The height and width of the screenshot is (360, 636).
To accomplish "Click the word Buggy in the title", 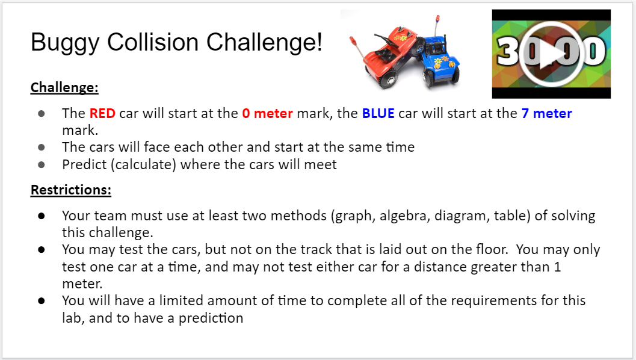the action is click(x=65, y=43).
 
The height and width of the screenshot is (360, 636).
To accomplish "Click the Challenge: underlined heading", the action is click(x=64, y=87).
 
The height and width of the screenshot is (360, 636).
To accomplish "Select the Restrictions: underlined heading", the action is click(x=71, y=190).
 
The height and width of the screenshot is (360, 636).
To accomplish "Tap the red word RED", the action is click(x=102, y=113).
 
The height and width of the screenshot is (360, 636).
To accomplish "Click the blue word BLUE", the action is click(x=378, y=113).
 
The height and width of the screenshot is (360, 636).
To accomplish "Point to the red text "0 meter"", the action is click(x=267, y=113).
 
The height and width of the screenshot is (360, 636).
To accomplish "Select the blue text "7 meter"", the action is click(x=546, y=113).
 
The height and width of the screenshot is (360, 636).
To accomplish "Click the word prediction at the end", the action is click(x=211, y=318).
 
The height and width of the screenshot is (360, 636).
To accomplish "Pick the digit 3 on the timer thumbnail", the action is click(x=508, y=51).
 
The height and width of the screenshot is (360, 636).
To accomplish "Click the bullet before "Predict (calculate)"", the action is click(x=42, y=165).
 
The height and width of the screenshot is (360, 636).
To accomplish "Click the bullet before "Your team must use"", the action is click(x=42, y=216).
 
